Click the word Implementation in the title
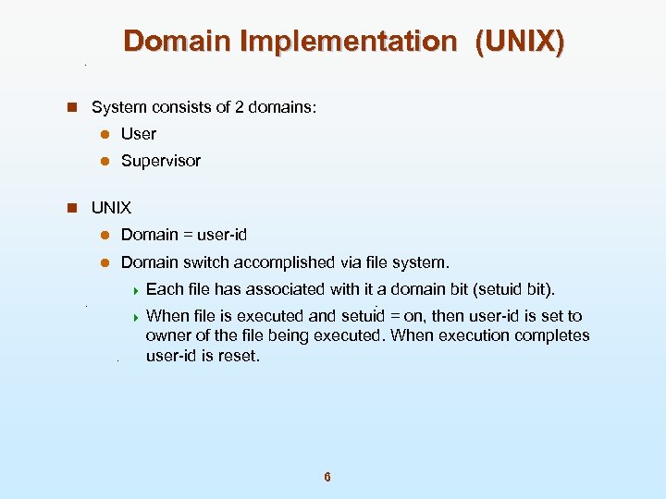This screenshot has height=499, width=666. (x=347, y=42)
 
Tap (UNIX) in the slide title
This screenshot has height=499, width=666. (x=519, y=42)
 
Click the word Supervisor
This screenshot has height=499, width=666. (x=160, y=161)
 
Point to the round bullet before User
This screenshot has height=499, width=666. (x=105, y=134)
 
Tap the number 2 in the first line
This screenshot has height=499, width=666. (x=240, y=107)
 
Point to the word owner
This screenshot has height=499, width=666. (x=167, y=335)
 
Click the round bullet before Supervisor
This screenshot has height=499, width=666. (x=105, y=161)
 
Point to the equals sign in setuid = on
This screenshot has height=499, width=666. (x=395, y=316)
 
